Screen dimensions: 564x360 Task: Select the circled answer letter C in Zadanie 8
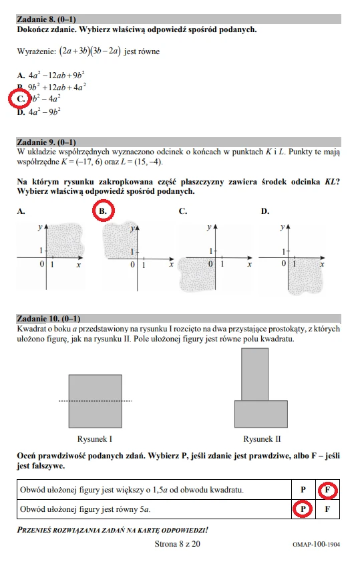pos(21,100)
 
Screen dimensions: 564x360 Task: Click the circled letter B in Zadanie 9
pos(102,211)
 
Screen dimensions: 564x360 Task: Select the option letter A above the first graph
pos(21,211)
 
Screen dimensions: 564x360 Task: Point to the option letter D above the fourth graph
pos(265,211)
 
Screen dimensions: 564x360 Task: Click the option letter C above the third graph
pos(183,211)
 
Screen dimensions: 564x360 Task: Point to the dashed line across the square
pos(95,401)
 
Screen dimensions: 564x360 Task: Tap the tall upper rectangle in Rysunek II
pos(254,374)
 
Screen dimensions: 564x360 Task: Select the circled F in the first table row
pos(327,490)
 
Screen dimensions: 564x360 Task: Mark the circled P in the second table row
pos(303,509)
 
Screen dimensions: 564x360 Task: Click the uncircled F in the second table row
pos(327,509)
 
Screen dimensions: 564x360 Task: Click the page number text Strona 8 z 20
pos(177,544)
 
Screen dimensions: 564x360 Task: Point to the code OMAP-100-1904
pos(316,545)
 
